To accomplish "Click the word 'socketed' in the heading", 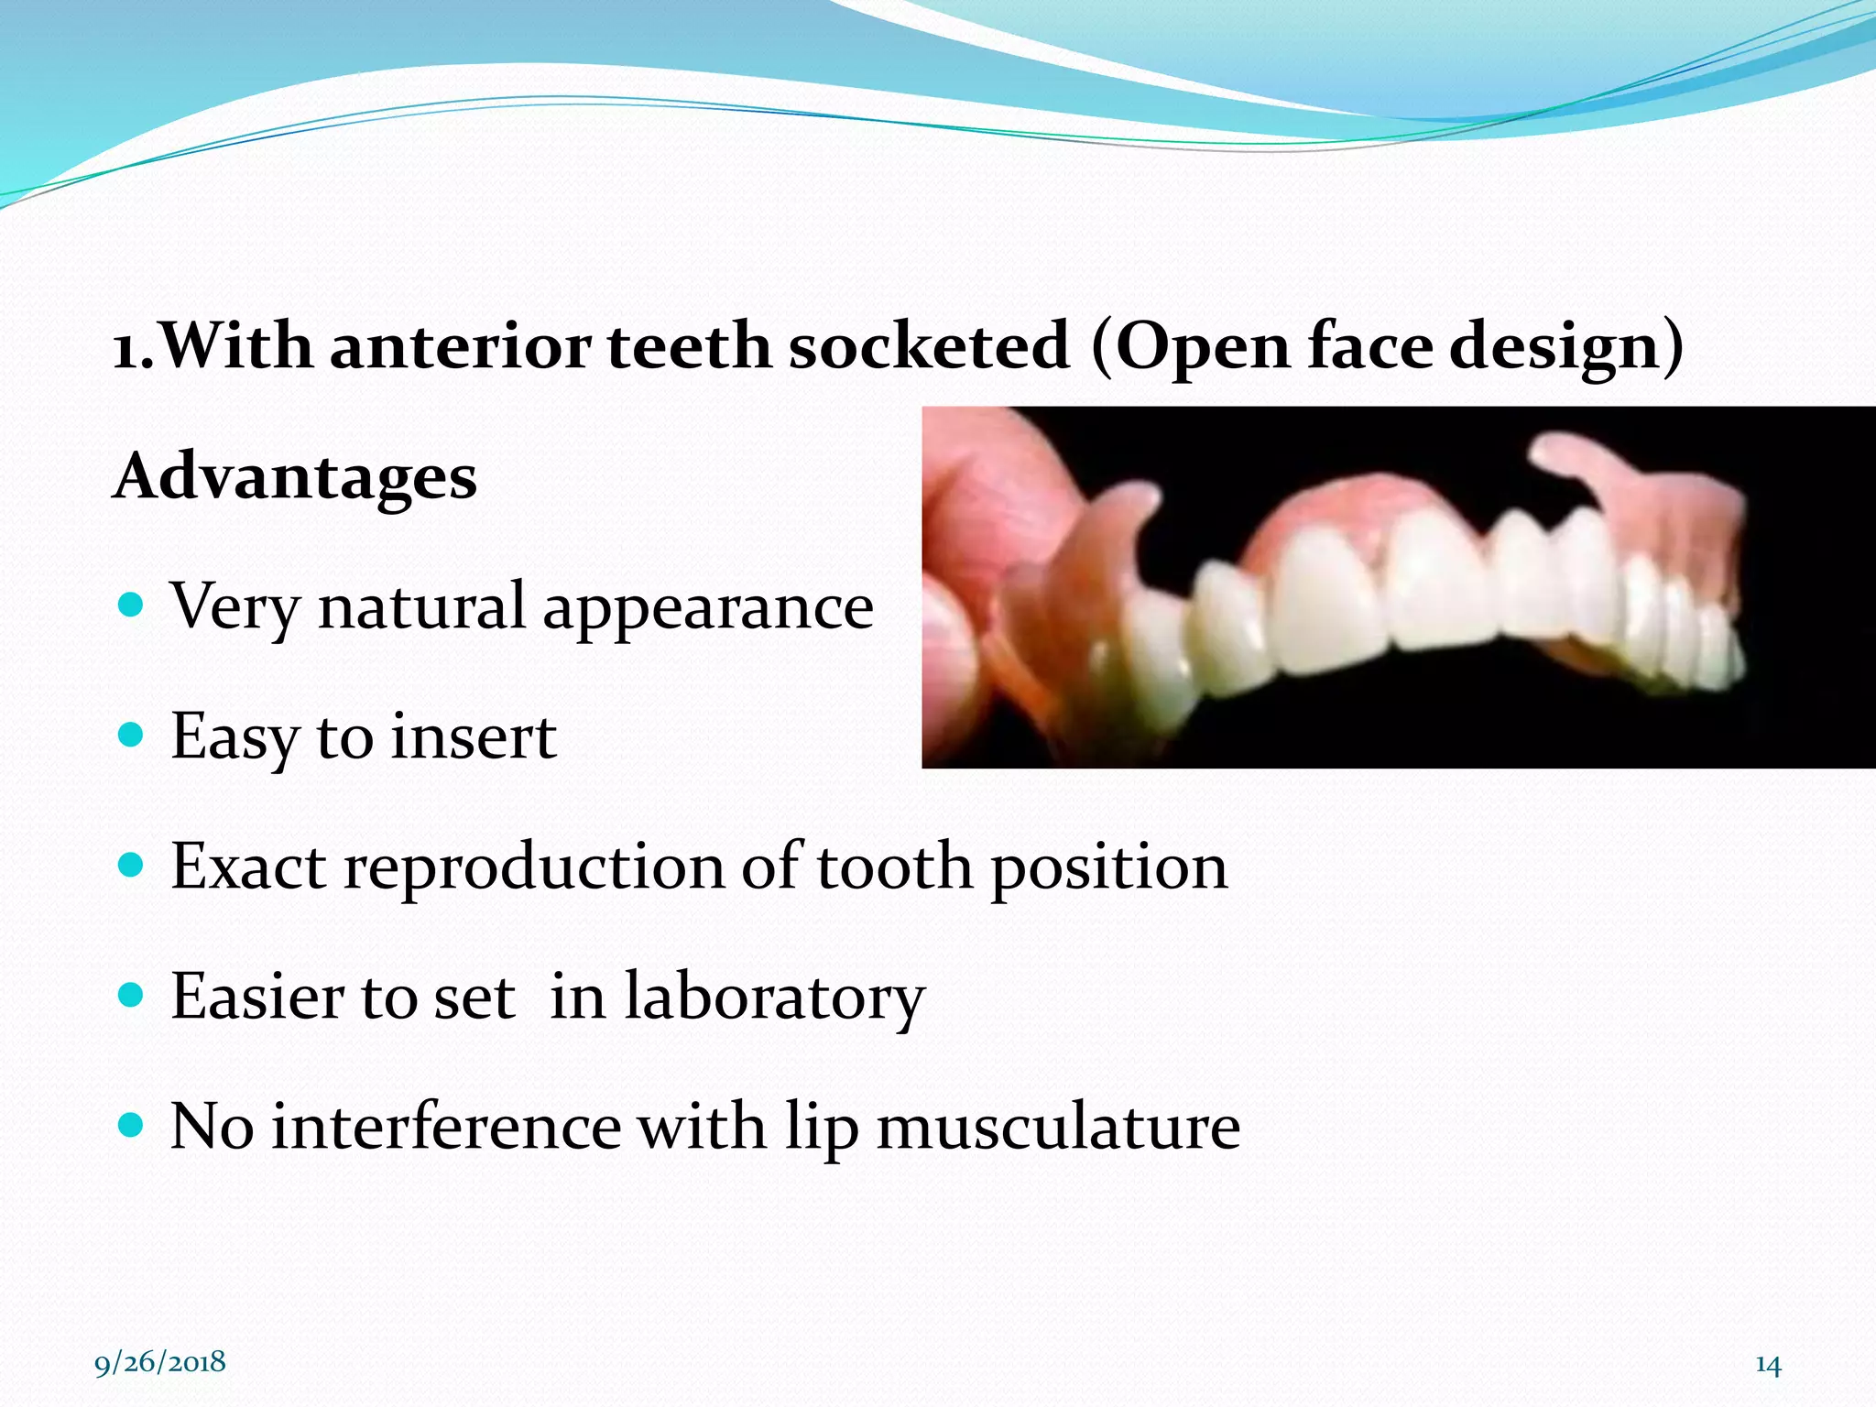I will pyautogui.click(x=929, y=346).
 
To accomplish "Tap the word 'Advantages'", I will pyautogui.click(x=294, y=477).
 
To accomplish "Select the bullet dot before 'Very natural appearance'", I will pyautogui.click(x=132, y=605).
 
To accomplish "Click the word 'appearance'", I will pyautogui.click(x=707, y=608).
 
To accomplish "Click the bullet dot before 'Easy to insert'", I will pyautogui.click(x=132, y=735).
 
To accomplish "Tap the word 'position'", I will pyautogui.click(x=1109, y=868).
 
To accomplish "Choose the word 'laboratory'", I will pyautogui.click(x=774, y=998).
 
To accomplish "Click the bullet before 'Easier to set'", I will pyautogui.click(x=132, y=995).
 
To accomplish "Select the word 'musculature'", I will pyautogui.click(x=1058, y=1127).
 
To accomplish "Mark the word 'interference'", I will pyautogui.click(x=446, y=1127).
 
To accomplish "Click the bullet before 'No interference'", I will pyautogui.click(x=132, y=1125).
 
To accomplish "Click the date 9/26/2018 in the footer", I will pyautogui.click(x=160, y=1362).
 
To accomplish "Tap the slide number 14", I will pyautogui.click(x=1767, y=1366).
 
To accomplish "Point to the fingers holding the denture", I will pyautogui.click(x=971, y=586).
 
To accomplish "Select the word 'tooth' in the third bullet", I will pyautogui.click(x=894, y=867).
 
